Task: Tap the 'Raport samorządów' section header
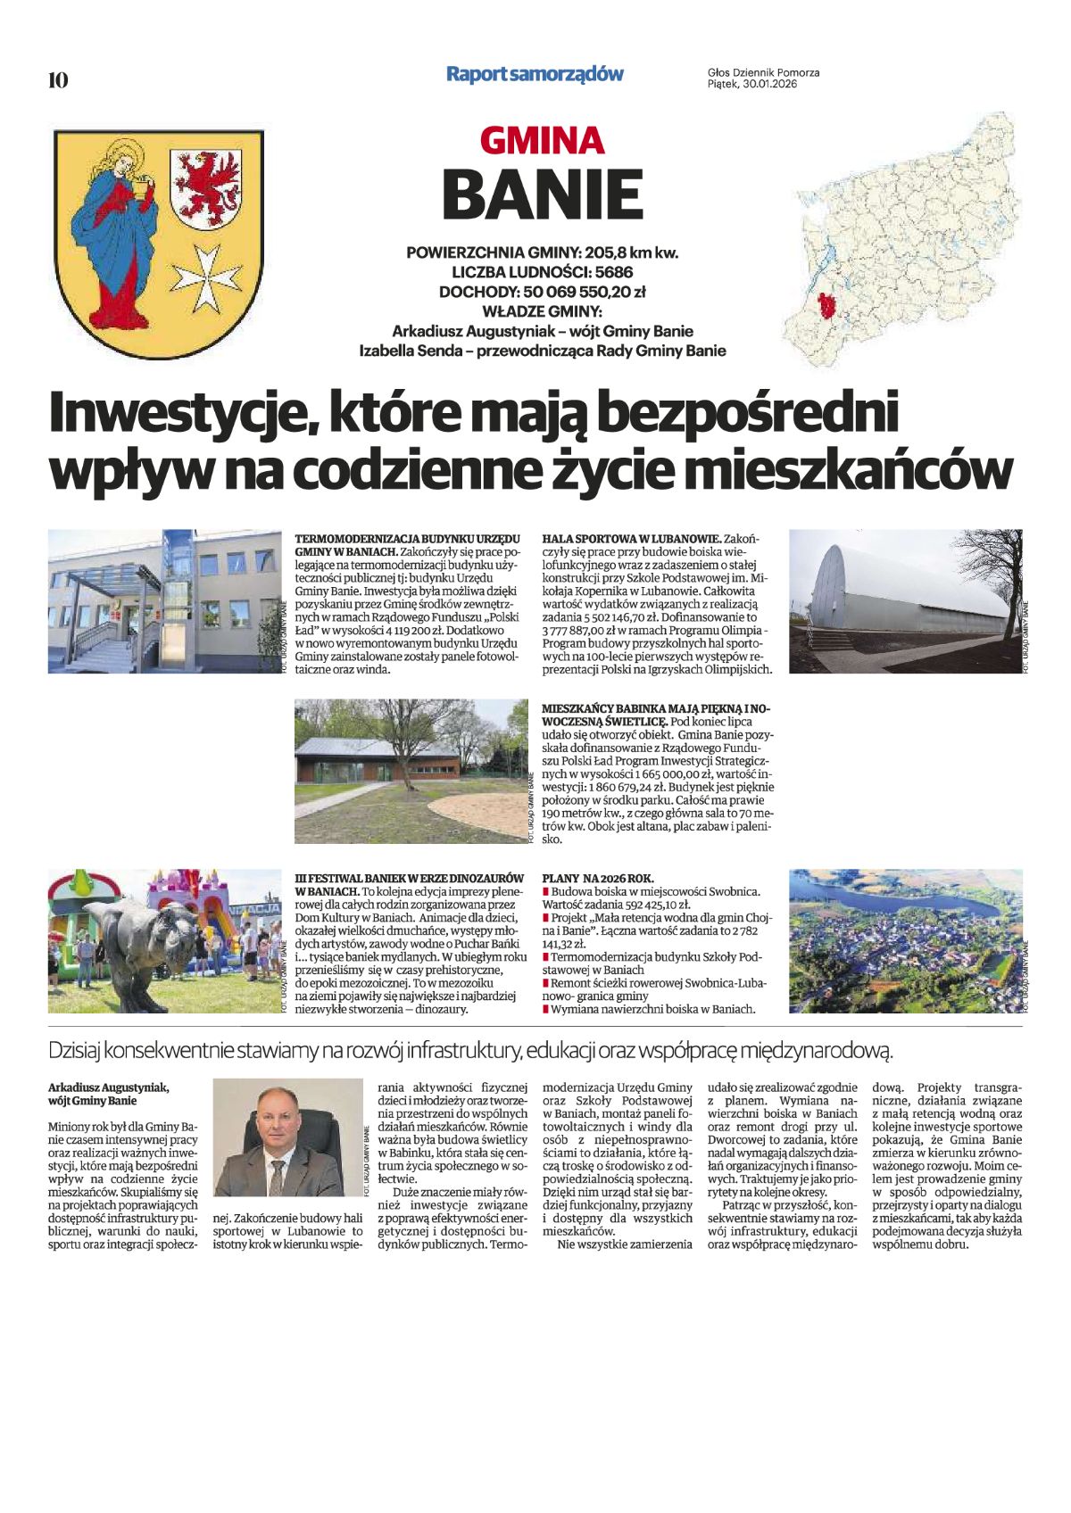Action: (x=535, y=74)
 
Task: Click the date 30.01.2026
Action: (x=768, y=85)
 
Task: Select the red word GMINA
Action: (x=542, y=140)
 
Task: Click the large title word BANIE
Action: (x=542, y=194)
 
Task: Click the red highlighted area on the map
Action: (x=827, y=306)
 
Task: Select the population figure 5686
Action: (x=613, y=272)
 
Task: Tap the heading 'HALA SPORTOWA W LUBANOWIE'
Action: (x=631, y=540)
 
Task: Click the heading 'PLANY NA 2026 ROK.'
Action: (x=597, y=878)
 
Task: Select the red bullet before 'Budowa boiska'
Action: (x=545, y=891)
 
